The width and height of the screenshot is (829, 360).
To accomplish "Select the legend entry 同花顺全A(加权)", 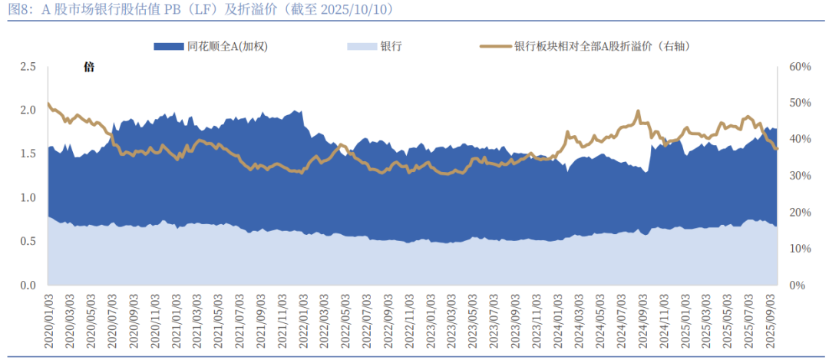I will coord(210,46).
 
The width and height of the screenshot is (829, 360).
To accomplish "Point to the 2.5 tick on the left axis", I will coord(28,67).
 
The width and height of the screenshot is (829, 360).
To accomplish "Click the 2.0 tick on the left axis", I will coord(28,111).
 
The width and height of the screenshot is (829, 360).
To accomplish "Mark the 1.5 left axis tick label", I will coord(28,154).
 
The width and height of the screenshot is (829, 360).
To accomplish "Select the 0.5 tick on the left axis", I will coord(28,242).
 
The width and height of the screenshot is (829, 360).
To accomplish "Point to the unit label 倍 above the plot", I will coord(89,68).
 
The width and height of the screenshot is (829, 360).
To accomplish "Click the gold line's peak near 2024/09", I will coord(638,111).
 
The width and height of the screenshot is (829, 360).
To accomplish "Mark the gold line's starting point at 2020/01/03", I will coord(48,104).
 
